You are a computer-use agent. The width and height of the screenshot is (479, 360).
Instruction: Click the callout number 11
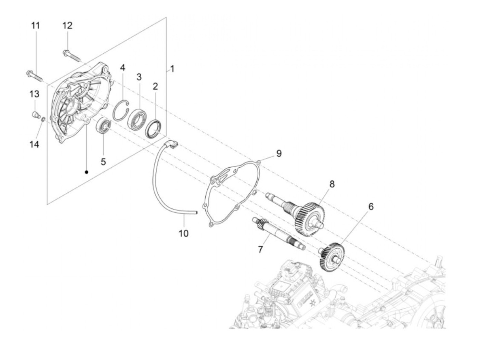(x=36, y=26)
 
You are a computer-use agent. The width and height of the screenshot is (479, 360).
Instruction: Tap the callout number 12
(x=67, y=25)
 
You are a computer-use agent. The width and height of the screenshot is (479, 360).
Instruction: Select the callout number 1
(x=172, y=69)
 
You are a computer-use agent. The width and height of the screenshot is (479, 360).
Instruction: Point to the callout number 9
(x=279, y=153)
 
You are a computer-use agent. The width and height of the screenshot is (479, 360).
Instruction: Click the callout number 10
(x=183, y=233)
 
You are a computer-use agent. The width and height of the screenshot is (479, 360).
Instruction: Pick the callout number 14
(x=34, y=144)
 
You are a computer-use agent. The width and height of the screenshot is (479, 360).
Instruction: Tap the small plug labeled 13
(x=35, y=114)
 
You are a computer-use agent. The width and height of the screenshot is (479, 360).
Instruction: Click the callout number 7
(x=260, y=249)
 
